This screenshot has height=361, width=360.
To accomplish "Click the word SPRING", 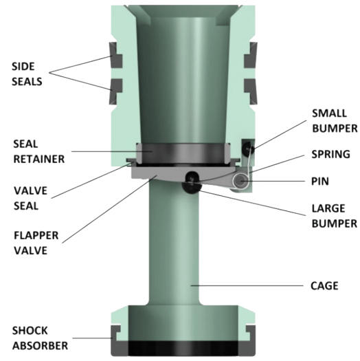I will click(330, 155).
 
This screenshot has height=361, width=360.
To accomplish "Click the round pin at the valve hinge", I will click(243, 180).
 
